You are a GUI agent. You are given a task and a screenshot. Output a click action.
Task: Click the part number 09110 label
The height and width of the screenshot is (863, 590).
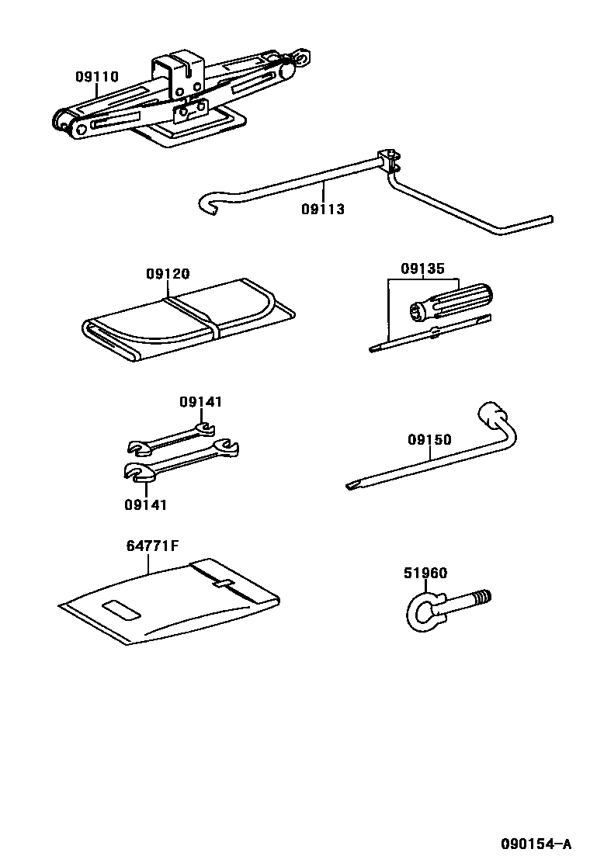point(96,77)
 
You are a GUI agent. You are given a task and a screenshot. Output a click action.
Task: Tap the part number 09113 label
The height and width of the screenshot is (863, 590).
point(323,209)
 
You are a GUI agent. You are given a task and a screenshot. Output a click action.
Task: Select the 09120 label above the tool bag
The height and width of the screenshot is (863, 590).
point(168,274)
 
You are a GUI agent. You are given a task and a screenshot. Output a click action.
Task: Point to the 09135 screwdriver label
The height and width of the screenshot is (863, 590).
point(422,269)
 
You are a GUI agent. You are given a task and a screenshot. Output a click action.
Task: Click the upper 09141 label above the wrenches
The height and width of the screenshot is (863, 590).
point(200,402)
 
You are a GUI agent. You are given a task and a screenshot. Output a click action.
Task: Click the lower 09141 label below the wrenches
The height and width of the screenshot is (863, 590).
point(145,504)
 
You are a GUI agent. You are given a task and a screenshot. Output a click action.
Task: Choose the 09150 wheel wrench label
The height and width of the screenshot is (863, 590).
point(429,440)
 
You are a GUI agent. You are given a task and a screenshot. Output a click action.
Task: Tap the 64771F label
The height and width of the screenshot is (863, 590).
point(152,545)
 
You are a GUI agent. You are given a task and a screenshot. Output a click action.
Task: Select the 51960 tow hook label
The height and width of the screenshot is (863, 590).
point(425,574)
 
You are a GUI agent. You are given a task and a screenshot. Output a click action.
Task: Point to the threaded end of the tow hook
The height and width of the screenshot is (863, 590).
point(481,598)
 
